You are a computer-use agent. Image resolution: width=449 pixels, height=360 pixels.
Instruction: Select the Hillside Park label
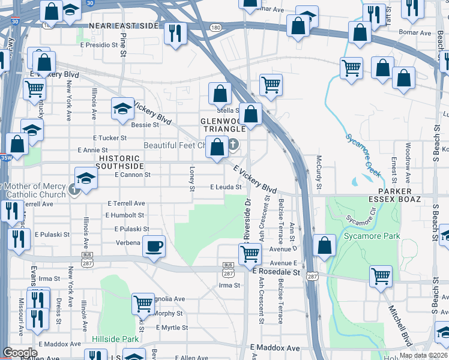(x=115, y=339)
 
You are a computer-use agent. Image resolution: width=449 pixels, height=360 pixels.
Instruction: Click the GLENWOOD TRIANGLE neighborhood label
(x=224, y=124)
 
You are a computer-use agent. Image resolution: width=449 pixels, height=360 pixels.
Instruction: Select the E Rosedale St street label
(x=276, y=272)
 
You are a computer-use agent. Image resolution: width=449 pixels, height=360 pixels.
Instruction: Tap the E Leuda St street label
(x=226, y=187)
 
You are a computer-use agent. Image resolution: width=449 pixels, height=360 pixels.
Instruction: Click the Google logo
(x=20, y=353)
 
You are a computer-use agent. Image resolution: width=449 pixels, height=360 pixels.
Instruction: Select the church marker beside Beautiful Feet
(x=233, y=145)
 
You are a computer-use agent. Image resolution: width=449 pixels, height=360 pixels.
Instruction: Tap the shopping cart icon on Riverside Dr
(x=250, y=253)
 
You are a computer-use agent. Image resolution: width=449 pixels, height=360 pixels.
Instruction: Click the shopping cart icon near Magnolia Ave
(x=143, y=304)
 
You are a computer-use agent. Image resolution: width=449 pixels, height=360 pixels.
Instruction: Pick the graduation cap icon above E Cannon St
(x=86, y=178)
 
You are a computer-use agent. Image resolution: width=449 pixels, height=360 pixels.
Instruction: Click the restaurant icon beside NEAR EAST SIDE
(x=175, y=32)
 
